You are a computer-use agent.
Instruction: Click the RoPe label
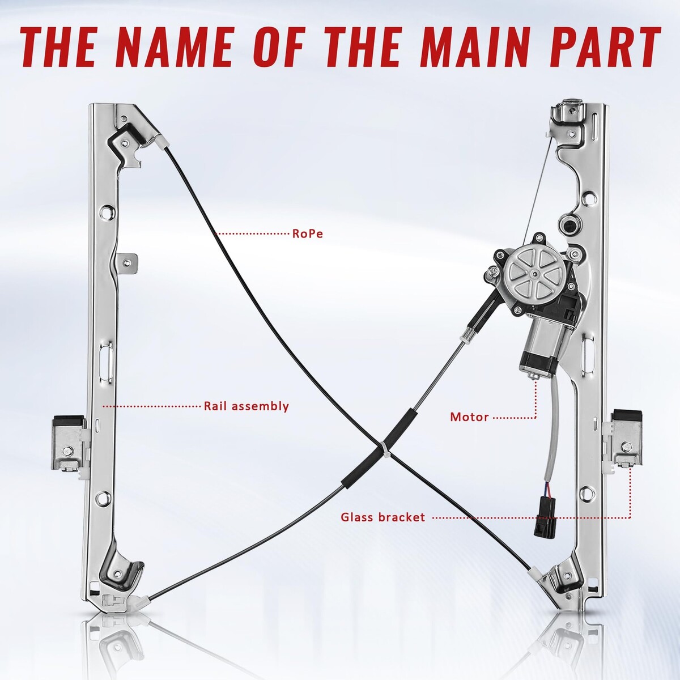pos(307,233)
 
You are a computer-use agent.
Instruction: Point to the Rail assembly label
pos(246,406)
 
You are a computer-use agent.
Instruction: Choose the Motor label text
pos(469,417)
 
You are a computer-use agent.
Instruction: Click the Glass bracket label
pos(383,518)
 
